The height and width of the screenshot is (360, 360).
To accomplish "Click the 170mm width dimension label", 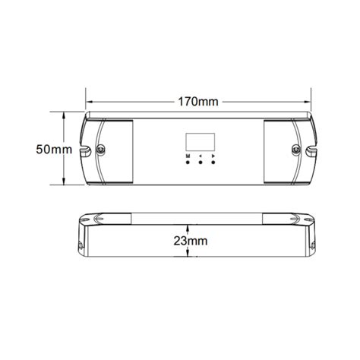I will pyautogui.click(x=198, y=101).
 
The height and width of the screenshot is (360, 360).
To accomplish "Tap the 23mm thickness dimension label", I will pyautogui.click(x=191, y=241).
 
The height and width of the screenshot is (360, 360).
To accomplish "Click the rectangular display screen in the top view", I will pyautogui.click(x=198, y=141).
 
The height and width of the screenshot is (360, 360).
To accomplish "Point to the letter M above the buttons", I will pyautogui.click(x=186, y=156).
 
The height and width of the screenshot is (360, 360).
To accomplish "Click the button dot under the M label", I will pyautogui.click(x=186, y=163).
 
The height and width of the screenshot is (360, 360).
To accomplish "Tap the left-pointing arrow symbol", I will pyautogui.click(x=200, y=156).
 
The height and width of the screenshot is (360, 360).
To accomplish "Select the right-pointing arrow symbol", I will pyautogui.click(x=213, y=156).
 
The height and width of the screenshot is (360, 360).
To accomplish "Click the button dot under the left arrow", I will pyautogui.click(x=200, y=163).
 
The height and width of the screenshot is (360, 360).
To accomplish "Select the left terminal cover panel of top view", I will pyautogui.click(x=114, y=150).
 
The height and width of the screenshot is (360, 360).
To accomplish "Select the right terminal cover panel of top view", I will pyautogui.click(x=283, y=150).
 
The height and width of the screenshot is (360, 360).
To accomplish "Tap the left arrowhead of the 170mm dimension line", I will pyautogui.click(x=88, y=101).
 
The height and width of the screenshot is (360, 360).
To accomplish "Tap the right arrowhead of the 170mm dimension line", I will pyautogui.click(x=308, y=101).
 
